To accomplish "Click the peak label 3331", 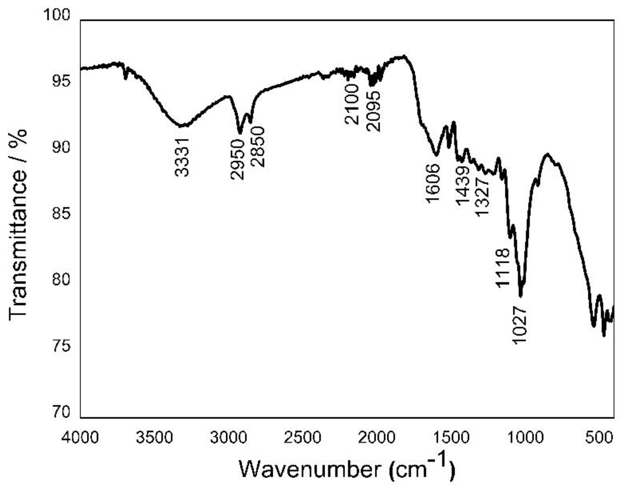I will coord(182,157).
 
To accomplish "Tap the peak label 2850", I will coord(258,147).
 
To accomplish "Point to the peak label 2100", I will coord(351,104).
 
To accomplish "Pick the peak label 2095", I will coord(373,111).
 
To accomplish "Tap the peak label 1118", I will coord(503,267).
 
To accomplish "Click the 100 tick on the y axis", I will coord(57,15).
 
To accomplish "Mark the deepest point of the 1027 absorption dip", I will coord(521,296).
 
